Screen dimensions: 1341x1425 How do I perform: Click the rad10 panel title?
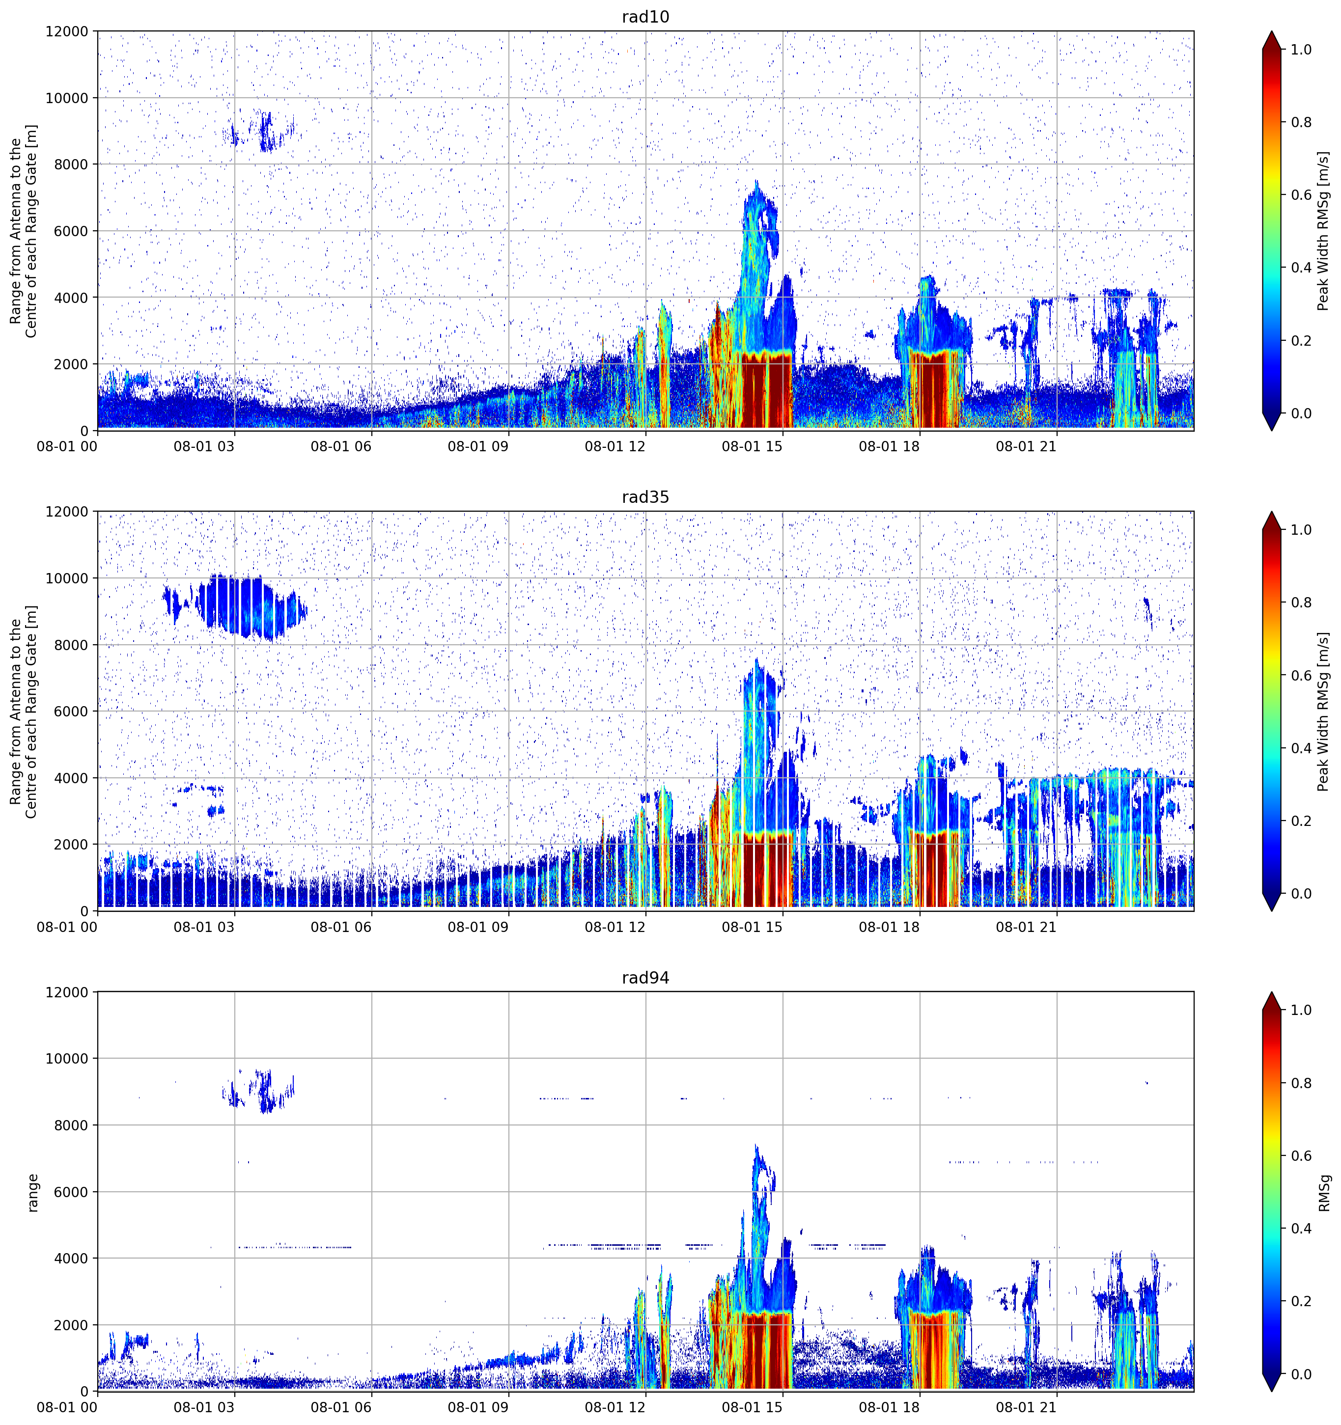[x=645, y=17]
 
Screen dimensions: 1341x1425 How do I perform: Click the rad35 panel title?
[x=645, y=497]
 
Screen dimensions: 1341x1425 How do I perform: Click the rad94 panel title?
[x=645, y=978]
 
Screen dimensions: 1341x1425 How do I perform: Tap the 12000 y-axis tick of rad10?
[x=67, y=31]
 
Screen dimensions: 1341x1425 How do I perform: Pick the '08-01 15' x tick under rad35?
[x=752, y=927]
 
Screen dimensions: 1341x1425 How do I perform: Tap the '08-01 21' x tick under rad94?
[x=1026, y=1408]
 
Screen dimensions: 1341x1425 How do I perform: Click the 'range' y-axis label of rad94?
[x=32, y=1193]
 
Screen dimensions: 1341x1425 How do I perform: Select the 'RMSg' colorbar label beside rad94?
[x=1324, y=1193]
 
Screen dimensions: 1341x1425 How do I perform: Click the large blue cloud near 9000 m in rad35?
[x=244, y=605]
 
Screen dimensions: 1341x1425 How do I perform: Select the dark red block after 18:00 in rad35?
[x=934, y=870]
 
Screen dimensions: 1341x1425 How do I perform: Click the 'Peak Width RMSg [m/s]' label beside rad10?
[x=1324, y=231]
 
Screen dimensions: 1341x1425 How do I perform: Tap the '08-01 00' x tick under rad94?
[x=67, y=1408]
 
